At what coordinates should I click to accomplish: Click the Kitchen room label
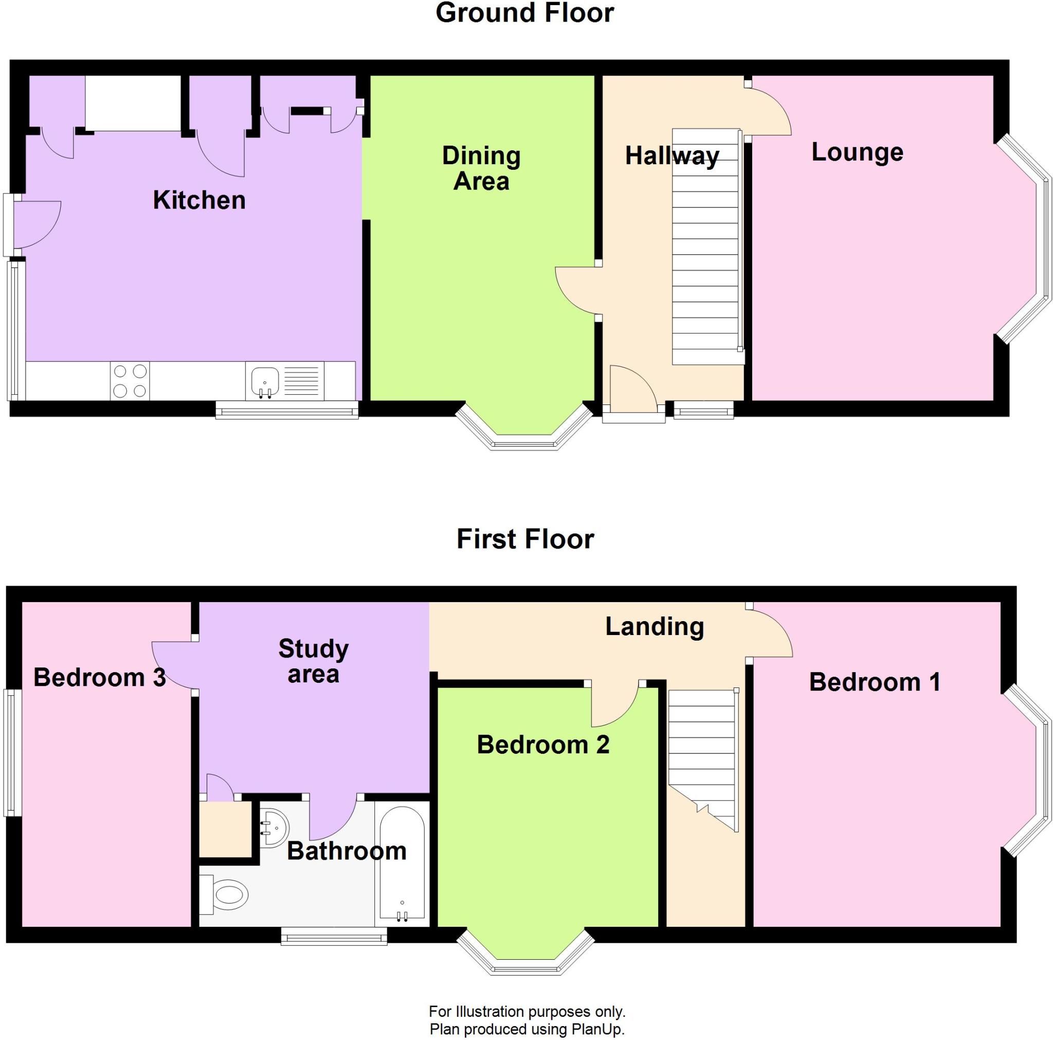(199, 200)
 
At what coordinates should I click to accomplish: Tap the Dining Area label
(481, 168)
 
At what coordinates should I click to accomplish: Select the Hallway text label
(672, 156)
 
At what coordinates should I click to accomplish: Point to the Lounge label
(857, 152)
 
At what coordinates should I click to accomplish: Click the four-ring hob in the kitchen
(130, 381)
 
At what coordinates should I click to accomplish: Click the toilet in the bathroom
(224, 894)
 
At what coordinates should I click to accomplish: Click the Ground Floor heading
(525, 13)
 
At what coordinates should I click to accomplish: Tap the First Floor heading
(525, 539)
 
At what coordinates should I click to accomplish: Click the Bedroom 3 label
(100, 677)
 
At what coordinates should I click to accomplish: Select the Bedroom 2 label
(543, 745)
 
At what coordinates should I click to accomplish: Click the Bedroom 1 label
(875, 682)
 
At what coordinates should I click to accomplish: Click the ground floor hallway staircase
(706, 246)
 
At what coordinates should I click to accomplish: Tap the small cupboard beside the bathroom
(226, 829)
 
